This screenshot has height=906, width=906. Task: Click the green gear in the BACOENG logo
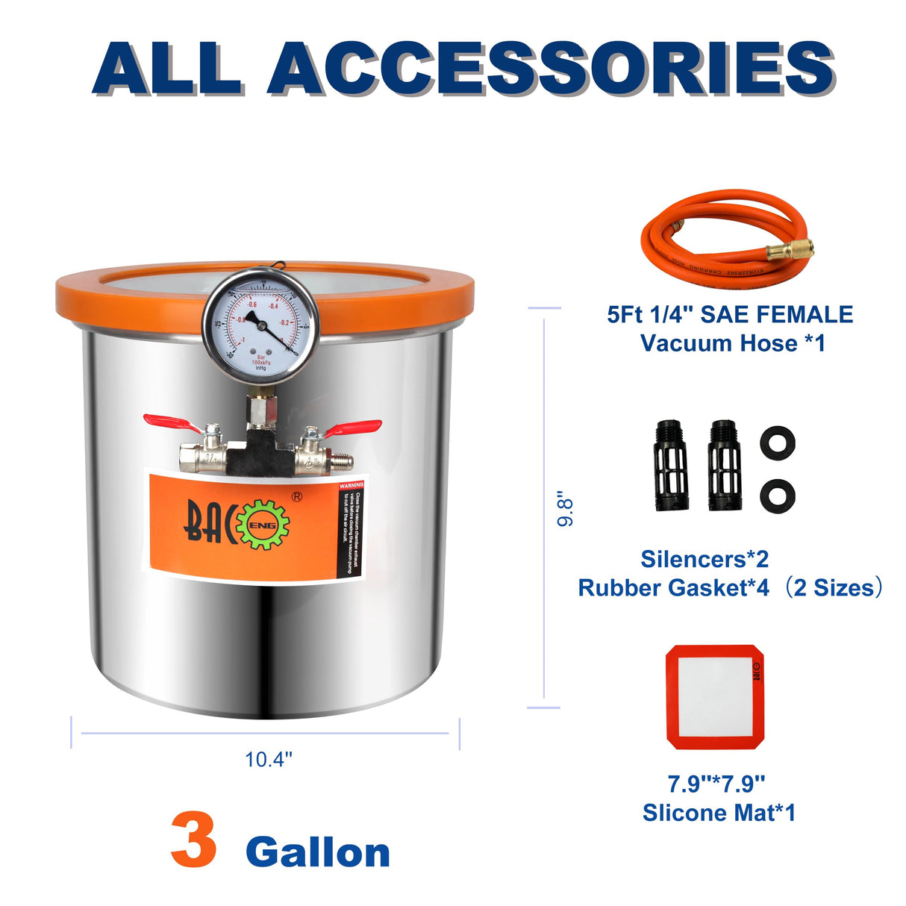(x=262, y=525)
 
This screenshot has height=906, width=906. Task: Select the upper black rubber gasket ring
(x=777, y=443)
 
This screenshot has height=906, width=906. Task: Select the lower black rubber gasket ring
(x=777, y=496)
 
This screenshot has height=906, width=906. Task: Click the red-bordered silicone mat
(x=715, y=696)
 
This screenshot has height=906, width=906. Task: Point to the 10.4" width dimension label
(x=269, y=759)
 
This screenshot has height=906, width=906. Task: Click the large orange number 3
(x=194, y=841)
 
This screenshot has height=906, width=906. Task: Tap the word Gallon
(x=318, y=852)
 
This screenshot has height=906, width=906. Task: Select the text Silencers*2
(x=705, y=559)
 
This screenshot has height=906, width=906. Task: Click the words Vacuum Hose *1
(x=732, y=343)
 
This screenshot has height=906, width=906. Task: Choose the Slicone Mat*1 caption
(x=719, y=812)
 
